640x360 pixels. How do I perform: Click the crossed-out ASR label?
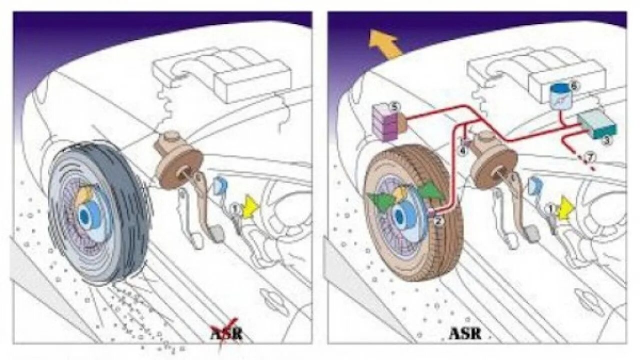pyautogui.click(x=226, y=333)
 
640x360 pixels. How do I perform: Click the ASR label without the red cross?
pyautogui.click(x=464, y=333)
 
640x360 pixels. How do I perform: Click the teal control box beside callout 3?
pyautogui.click(x=598, y=123)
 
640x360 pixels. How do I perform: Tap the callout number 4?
pyautogui.click(x=463, y=149)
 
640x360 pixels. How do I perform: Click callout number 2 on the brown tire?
pyautogui.click(x=438, y=220)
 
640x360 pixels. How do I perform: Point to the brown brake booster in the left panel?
pyautogui.click(x=176, y=162)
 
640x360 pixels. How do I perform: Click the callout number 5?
pyautogui.click(x=395, y=106)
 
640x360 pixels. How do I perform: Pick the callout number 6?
pyautogui.click(x=573, y=86)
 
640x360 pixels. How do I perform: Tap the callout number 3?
pyautogui.click(x=606, y=141)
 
